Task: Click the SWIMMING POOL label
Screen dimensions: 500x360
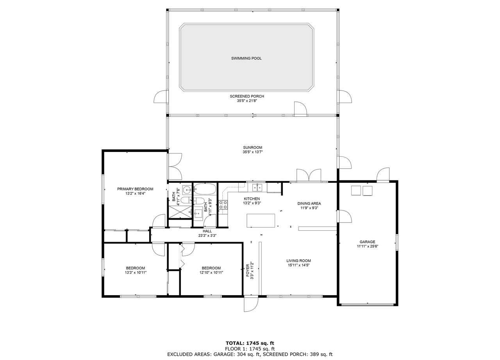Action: click(246, 59)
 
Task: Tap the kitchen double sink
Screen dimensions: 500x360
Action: click(257, 187)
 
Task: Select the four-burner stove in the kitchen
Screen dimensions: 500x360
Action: click(223, 205)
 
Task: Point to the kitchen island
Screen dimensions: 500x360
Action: click(261, 221)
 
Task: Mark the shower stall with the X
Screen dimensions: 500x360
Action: click(180, 212)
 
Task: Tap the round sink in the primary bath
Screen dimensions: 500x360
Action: click(187, 190)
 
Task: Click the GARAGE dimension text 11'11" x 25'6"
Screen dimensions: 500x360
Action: click(368, 246)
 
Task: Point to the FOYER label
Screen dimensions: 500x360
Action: click(248, 271)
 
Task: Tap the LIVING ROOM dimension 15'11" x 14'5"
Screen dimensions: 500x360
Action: click(299, 265)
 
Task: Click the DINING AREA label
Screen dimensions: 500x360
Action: click(309, 203)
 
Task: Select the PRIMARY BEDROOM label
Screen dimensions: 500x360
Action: click(135, 189)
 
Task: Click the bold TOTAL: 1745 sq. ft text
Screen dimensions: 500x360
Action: click(250, 343)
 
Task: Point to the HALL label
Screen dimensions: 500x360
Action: click(207, 231)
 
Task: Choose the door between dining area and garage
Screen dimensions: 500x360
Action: click(345, 216)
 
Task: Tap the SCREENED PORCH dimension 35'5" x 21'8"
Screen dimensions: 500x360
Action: click(247, 101)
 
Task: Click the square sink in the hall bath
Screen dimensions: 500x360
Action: click(198, 213)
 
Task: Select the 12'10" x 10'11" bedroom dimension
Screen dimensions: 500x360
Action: click(211, 272)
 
